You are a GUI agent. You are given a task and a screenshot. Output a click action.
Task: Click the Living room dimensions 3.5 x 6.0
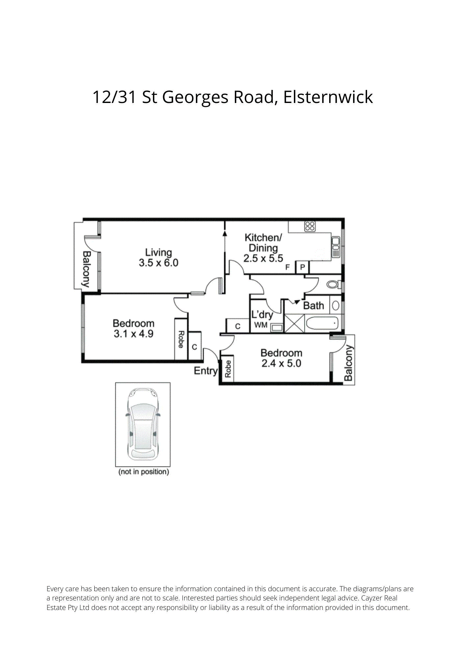coord(159,263)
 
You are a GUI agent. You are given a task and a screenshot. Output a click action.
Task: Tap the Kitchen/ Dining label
coord(263,242)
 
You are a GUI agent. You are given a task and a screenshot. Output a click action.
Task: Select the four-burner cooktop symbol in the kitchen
coord(310,226)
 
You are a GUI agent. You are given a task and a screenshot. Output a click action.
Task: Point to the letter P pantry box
coord(303,267)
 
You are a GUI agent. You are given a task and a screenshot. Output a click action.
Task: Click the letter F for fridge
coord(287,267)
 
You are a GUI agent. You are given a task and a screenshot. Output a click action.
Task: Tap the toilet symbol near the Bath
coord(333,284)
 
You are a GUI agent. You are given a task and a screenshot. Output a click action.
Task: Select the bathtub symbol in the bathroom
coord(322,323)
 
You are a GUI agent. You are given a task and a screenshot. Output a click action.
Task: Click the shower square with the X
coord(294,323)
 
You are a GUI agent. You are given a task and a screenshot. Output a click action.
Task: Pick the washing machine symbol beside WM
coord(277,327)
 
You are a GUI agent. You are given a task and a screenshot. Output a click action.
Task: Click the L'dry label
coord(262,315)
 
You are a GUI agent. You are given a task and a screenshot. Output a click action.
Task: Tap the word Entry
coord(206,371)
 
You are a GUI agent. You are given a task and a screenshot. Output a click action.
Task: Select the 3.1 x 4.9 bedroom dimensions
coord(134,334)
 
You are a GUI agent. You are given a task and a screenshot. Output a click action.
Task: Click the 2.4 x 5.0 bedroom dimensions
coord(281,364)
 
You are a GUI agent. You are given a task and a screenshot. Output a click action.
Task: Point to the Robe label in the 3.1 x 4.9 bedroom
coord(181,340)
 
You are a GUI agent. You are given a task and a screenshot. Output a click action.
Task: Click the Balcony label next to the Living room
coord(86,269)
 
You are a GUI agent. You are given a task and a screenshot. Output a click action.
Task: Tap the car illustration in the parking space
coord(143,424)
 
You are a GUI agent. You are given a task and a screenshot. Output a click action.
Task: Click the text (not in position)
coord(144,472)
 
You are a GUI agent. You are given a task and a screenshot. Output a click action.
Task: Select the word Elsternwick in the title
coord(328,97)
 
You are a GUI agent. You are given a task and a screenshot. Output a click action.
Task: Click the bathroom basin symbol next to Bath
coord(335,306)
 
